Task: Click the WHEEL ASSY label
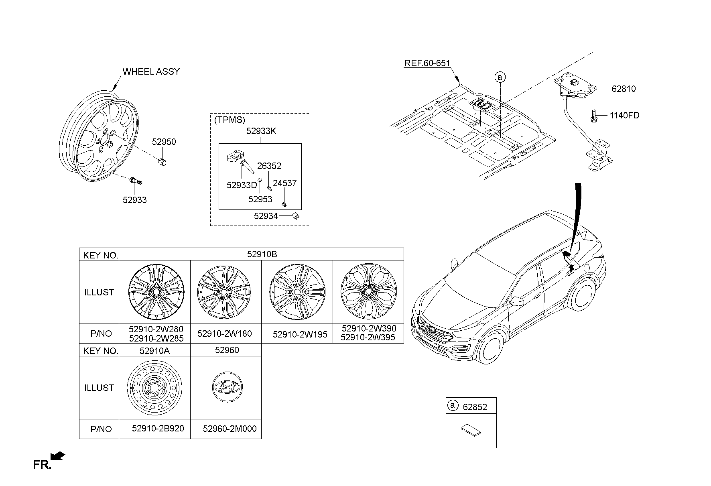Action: coord(151,71)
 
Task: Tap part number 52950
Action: coord(164,142)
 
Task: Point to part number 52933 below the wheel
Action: coord(134,200)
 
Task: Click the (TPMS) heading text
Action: coord(230,120)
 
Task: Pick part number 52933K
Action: coord(261,131)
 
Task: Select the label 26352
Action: coord(269,166)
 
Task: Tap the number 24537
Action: coord(284,183)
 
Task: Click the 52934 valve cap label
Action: coord(266,216)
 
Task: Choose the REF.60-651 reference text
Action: coord(427,63)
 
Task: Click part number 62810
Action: coord(624,89)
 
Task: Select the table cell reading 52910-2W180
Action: coord(225,333)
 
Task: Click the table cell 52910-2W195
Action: coord(300,334)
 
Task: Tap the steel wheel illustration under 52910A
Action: coord(154,388)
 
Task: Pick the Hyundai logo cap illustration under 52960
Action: coord(227,386)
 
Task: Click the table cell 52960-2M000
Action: coord(230,429)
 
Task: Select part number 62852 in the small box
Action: coord(475,407)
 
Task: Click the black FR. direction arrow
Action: coord(58,456)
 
